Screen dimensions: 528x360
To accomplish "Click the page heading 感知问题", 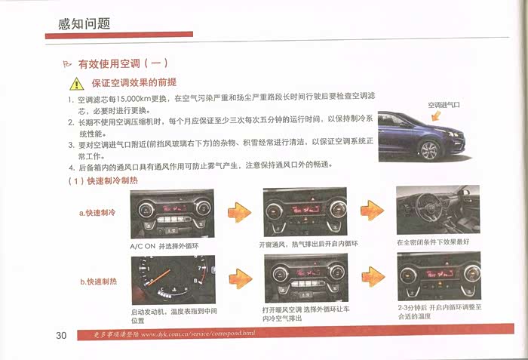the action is (x=84, y=23).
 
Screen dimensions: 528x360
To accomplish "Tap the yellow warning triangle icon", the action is (x=77, y=84).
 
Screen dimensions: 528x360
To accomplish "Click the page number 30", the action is (x=61, y=335).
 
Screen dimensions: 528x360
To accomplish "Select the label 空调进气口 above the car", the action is (x=444, y=105).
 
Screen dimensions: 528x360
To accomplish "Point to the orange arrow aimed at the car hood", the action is (x=436, y=115).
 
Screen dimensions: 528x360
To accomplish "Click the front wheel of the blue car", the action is (x=429, y=150).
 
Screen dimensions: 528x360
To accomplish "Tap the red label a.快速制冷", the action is (x=97, y=213).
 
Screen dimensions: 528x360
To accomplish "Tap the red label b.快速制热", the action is (x=98, y=282).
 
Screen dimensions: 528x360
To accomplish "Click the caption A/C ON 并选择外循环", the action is (x=164, y=246).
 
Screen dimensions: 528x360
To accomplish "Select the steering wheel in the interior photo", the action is (x=428, y=207).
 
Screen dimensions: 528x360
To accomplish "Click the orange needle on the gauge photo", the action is (x=160, y=277).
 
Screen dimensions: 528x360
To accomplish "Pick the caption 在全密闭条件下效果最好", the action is (x=433, y=242).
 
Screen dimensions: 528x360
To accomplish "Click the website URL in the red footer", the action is (x=198, y=334).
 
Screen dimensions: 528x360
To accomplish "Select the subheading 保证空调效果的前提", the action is (x=134, y=82).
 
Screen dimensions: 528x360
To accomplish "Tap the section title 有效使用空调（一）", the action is (x=123, y=63).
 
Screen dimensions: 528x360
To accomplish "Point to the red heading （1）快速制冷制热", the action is (x=103, y=180).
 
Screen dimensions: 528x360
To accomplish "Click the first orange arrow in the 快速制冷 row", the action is (x=239, y=212).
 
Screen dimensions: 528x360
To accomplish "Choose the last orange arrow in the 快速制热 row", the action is (x=373, y=277).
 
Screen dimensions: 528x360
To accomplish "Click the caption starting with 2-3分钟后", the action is (x=440, y=312).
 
